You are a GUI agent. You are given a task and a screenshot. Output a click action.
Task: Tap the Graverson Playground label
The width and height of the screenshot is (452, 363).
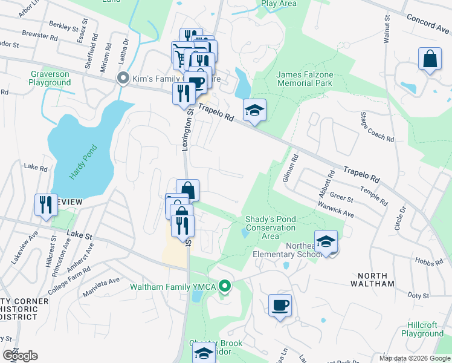[50, 78]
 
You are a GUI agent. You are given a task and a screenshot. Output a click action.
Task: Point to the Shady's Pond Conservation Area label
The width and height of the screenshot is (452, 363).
[270, 227]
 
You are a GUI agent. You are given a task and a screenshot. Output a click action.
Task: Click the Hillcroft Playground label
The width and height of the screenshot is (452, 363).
[422, 329]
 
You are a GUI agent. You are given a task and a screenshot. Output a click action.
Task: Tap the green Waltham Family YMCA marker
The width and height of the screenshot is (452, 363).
[225, 286]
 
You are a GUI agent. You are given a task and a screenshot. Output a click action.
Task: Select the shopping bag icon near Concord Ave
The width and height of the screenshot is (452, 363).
[430, 60]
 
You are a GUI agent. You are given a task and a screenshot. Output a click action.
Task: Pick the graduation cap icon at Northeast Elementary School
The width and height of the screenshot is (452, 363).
[326, 241]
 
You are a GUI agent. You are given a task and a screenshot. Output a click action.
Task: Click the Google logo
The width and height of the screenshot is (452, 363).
[20, 355]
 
